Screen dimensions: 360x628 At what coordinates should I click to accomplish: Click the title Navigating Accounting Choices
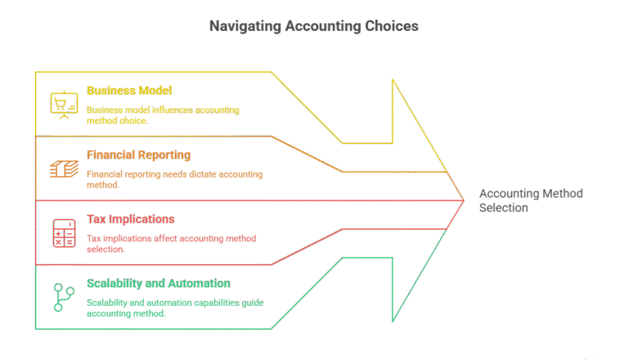313,26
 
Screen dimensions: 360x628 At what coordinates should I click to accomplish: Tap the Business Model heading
129,90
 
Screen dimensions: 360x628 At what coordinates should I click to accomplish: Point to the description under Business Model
163,115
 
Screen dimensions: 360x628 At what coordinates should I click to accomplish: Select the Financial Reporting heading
138,155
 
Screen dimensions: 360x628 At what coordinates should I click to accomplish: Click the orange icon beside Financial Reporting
63,169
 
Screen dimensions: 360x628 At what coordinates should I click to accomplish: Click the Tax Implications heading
131,219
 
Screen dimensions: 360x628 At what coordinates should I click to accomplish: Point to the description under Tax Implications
171,243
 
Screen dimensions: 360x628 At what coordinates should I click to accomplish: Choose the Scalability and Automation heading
158,283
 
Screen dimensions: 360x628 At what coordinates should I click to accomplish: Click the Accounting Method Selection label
530,200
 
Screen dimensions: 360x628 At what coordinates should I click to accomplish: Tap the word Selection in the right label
504,208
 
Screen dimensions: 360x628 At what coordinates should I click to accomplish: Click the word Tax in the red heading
95,219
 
